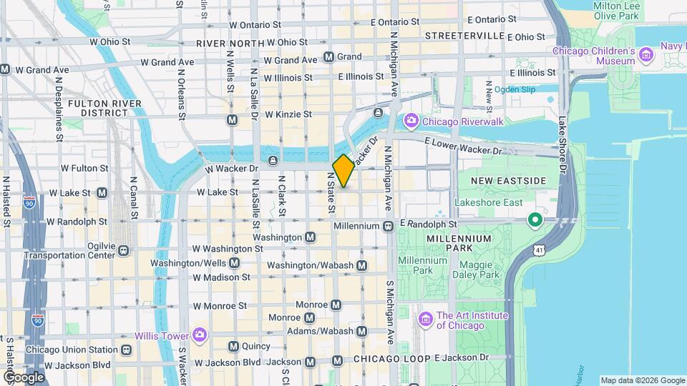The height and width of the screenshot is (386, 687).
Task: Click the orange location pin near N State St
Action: [x=343, y=170]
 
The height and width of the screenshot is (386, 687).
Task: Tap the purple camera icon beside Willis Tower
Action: [x=199, y=335]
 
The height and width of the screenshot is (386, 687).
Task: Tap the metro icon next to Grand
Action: [x=328, y=56]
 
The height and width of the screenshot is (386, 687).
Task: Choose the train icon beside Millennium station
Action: [x=388, y=226]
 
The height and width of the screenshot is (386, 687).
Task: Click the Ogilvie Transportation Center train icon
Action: [x=125, y=250]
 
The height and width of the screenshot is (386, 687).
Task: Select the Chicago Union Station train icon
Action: [x=126, y=350]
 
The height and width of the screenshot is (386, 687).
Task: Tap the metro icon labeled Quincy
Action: [x=233, y=347]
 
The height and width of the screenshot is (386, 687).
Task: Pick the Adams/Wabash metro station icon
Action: [x=361, y=331]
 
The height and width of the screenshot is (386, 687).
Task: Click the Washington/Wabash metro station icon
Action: [x=361, y=265]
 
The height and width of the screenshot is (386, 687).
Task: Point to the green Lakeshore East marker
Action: [x=534, y=219]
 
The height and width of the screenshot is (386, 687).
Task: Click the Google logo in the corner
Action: [x=24, y=377]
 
